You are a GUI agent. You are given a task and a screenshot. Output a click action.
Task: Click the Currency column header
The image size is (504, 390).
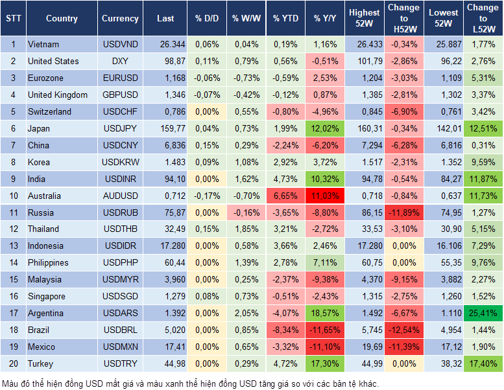[120, 19]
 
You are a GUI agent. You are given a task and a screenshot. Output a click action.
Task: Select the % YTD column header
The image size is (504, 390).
[285, 19]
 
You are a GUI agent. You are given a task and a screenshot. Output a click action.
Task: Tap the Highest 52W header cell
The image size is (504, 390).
[364, 18]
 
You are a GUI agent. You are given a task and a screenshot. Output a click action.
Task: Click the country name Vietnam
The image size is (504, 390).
[43, 45]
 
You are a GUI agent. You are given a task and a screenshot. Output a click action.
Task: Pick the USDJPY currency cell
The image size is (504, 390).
[120, 128]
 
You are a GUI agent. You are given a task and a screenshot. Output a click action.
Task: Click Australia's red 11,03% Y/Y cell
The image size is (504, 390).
[325, 196]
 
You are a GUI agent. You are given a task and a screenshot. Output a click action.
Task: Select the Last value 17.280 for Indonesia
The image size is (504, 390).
[165, 246]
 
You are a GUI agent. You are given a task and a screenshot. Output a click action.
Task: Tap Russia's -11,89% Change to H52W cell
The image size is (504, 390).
[404, 212]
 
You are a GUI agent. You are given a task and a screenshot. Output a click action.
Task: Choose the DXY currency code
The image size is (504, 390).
[120, 62]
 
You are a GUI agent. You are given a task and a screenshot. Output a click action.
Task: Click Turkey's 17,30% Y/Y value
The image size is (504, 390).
[325, 363]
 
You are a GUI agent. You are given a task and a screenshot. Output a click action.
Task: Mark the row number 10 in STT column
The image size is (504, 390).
[13, 196]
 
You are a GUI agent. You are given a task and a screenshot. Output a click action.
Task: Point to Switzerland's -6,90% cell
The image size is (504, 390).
[404, 111]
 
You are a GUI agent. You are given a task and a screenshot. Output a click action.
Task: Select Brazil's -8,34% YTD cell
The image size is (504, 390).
[285, 330]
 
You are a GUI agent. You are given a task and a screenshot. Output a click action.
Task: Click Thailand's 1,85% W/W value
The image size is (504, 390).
[245, 229]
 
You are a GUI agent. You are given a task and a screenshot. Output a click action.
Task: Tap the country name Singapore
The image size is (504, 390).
[46, 296]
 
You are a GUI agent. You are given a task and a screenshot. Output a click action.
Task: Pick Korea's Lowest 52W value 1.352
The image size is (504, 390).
[444, 162]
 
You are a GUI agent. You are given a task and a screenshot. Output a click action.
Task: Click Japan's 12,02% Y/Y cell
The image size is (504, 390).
[325, 128]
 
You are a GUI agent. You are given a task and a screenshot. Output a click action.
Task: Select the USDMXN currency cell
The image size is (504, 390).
[120, 347]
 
